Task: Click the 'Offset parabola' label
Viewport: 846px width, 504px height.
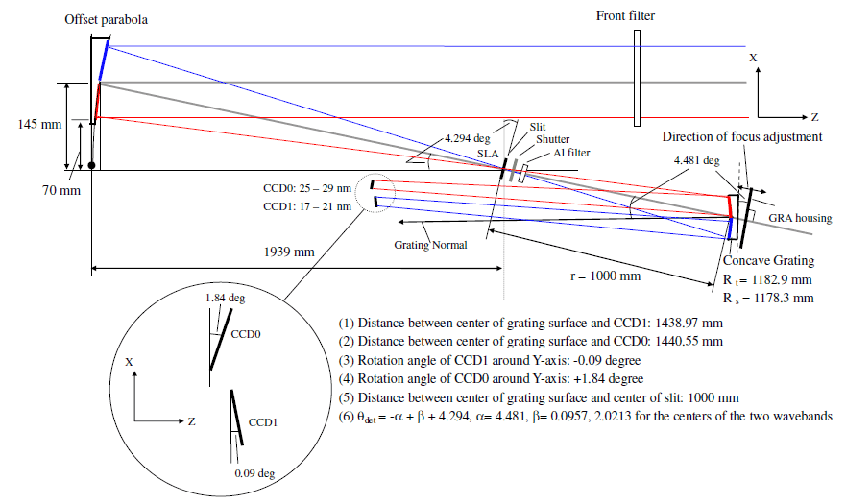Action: pos(106,19)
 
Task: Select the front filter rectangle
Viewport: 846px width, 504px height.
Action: pos(637,82)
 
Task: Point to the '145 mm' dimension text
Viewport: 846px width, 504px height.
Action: pos(39,125)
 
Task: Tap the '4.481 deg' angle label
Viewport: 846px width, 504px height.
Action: pos(695,160)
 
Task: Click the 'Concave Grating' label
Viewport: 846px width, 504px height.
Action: pos(768,261)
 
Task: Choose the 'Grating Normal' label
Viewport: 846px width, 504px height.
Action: pos(431,245)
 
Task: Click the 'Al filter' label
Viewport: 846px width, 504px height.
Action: pos(570,153)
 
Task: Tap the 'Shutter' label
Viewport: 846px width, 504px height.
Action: pos(552,140)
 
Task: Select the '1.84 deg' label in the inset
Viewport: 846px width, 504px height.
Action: pos(224,299)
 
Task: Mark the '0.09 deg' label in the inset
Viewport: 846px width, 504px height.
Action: pos(255,472)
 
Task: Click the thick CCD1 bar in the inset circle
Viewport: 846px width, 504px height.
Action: pos(236,418)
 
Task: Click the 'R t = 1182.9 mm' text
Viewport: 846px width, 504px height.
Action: pos(769,280)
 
